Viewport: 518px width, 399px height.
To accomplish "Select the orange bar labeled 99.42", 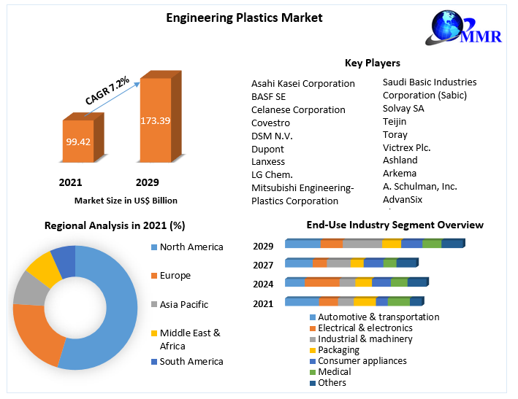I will coord(77,142).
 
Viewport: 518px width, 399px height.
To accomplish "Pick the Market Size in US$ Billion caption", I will coord(126,200).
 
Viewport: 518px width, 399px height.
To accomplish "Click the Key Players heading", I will coord(372,63).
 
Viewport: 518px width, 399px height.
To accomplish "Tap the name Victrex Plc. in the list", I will coord(407,147).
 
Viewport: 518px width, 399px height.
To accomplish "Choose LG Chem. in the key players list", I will coord(272,174).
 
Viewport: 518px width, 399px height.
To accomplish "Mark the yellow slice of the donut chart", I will coord(44,268).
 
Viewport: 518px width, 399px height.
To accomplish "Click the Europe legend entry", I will coord(175,276).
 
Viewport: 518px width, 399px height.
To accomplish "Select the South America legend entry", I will coord(191,361).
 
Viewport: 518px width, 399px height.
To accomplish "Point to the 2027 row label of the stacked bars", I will coord(264,265).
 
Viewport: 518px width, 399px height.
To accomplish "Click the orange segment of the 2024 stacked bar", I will coord(322,282).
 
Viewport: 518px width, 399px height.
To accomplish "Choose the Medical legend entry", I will coord(335,372).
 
